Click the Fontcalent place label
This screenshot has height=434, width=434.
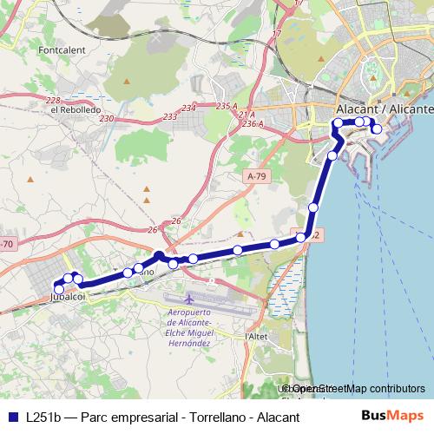pos(62,50)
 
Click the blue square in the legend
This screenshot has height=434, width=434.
pos(12,417)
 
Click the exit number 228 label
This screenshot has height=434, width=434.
pos(53,101)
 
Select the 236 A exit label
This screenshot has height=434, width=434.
pos(253,125)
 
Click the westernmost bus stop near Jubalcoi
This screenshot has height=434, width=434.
pos(59,287)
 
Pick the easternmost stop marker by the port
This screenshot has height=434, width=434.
pos(377,129)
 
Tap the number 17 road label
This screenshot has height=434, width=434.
pos(278,33)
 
